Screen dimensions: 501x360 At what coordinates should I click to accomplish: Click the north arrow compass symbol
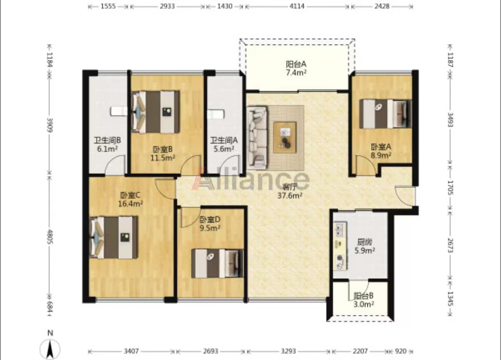(x=50, y=347)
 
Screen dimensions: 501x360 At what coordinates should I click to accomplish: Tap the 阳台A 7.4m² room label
(x=296, y=68)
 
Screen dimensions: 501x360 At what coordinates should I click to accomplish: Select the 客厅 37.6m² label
(x=289, y=191)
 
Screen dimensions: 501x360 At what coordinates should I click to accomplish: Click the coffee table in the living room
(x=285, y=137)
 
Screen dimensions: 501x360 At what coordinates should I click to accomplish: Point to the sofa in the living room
(x=257, y=138)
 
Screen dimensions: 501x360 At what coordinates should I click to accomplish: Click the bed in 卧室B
(x=155, y=112)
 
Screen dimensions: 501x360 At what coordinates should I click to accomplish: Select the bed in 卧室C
(x=114, y=237)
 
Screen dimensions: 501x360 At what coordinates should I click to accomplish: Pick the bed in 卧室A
(x=385, y=114)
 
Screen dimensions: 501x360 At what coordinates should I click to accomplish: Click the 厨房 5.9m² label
(x=364, y=246)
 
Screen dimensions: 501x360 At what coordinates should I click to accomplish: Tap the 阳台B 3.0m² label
(x=364, y=300)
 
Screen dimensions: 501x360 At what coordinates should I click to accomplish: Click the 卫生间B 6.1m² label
(x=107, y=144)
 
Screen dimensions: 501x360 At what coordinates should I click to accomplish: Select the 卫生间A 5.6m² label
(x=224, y=144)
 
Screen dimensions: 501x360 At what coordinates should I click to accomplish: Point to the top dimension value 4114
(x=297, y=6)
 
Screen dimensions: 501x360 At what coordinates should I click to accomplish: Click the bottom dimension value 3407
(x=131, y=351)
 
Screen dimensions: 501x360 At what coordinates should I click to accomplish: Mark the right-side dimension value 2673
(x=450, y=245)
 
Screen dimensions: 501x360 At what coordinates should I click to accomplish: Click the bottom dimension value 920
(x=401, y=351)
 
